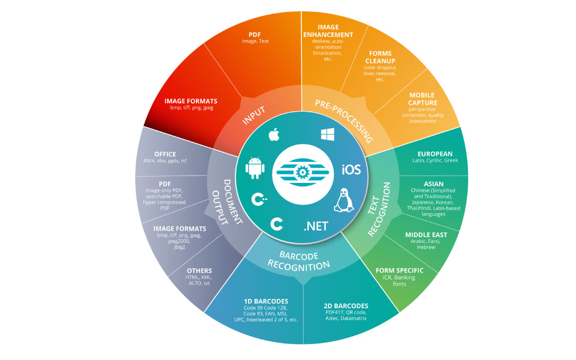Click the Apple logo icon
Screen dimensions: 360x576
coord(274,135)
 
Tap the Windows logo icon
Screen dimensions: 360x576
coord(328,135)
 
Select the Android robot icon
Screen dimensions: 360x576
coord(254,169)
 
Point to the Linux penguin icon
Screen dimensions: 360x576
coord(343,200)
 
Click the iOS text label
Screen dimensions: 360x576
coord(351,170)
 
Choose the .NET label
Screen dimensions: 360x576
coord(316,227)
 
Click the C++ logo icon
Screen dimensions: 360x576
coord(259,200)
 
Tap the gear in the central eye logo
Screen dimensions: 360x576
coord(302,173)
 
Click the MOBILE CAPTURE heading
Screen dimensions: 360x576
coord(423,99)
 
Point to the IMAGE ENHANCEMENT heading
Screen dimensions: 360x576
coord(328,31)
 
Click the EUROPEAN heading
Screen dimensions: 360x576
coord(435,154)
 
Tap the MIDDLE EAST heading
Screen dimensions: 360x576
coord(426,235)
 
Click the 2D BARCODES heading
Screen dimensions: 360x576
coord(346,306)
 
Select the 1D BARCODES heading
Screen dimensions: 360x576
coord(266,301)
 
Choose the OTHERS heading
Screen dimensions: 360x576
coord(199,271)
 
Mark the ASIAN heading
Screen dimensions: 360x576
coord(434,184)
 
